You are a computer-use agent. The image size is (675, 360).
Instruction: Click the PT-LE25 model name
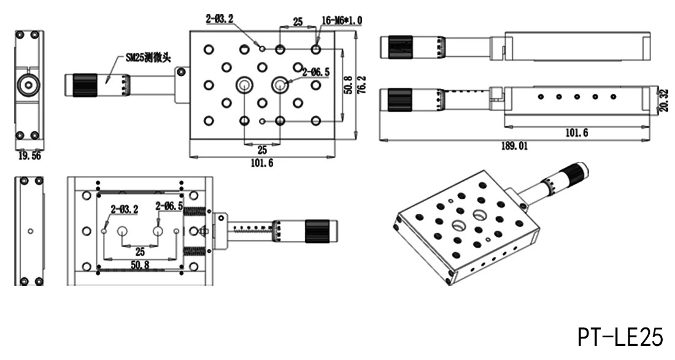[620, 337]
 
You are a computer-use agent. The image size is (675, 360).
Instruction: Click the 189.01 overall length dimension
[514, 146]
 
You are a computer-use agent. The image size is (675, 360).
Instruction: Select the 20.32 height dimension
[663, 100]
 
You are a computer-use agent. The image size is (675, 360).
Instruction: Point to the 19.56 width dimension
[29, 156]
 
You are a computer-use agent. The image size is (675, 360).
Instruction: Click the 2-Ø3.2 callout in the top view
[220, 19]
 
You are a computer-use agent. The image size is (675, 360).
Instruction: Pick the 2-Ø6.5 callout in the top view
[316, 72]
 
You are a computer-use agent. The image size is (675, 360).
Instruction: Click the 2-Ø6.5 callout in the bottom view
[169, 207]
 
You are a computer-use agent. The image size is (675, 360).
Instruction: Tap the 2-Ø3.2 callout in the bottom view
[125, 210]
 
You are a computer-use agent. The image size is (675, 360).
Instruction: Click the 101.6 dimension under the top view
[262, 163]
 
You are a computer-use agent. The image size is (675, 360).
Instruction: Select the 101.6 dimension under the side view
[576, 133]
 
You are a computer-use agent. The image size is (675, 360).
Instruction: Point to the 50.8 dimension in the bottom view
[140, 266]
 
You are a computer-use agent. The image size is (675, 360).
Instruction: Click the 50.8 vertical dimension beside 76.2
[349, 85]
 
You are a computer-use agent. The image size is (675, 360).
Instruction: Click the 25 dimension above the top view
[298, 21]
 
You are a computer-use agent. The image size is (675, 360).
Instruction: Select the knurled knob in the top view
[85, 85]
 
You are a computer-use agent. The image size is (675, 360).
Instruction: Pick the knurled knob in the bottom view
[317, 231]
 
